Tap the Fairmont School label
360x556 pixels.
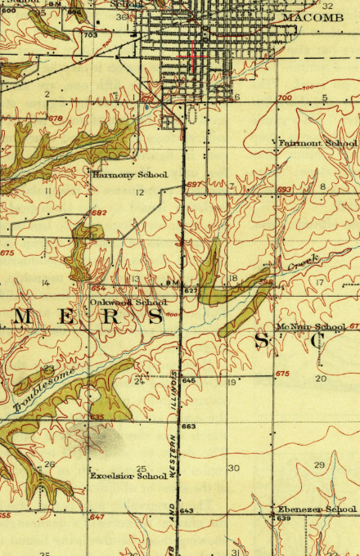(x=317, y=143)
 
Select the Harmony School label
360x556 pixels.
(x=129, y=174)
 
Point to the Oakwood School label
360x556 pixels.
(x=128, y=302)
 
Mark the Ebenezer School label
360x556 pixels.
(x=317, y=509)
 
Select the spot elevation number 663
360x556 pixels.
(x=189, y=427)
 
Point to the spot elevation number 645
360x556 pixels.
(x=189, y=381)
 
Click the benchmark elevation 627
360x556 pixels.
(x=190, y=291)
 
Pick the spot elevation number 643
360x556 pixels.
(x=186, y=511)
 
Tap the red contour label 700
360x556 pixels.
(x=284, y=98)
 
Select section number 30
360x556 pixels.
(x=234, y=468)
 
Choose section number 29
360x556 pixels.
(x=319, y=464)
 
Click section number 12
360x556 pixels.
(x=140, y=192)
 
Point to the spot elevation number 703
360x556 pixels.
(x=90, y=35)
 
